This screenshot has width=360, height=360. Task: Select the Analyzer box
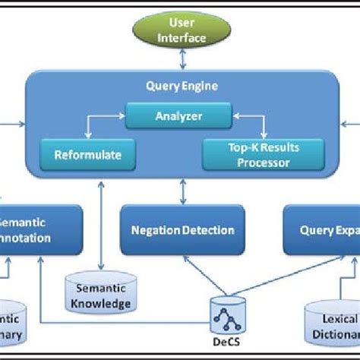click(179, 117)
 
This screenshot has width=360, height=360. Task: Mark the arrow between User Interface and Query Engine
click(181, 58)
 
